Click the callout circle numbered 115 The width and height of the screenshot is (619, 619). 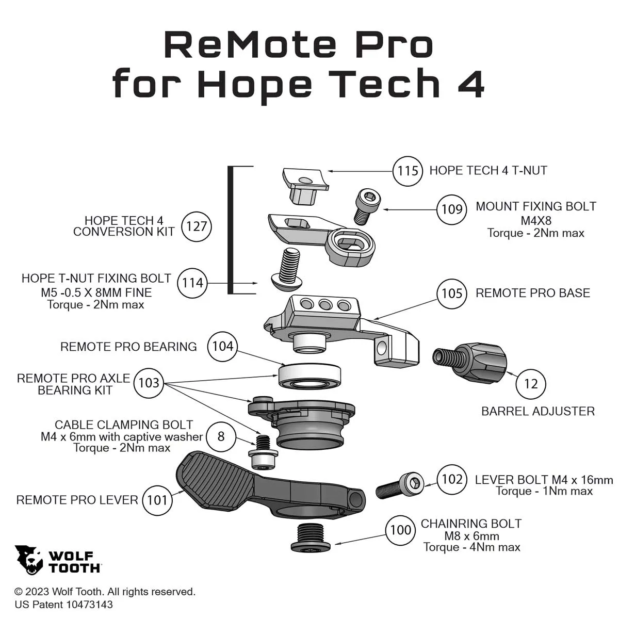(408, 170)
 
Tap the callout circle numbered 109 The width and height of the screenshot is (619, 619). (452, 209)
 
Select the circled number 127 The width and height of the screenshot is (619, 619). (197, 226)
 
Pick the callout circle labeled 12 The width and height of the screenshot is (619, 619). (530, 384)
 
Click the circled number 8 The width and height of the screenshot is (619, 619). (221, 436)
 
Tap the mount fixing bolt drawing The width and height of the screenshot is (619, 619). (367, 206)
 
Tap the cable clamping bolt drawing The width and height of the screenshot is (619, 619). (263, 452)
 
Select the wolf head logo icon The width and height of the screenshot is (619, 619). (29, 560)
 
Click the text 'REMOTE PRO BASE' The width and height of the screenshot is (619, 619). (532, 293)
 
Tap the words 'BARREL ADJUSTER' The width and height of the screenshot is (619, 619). (537, 411)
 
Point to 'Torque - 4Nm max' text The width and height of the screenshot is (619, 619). (471, 547)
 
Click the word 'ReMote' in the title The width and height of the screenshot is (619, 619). (250, 45)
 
